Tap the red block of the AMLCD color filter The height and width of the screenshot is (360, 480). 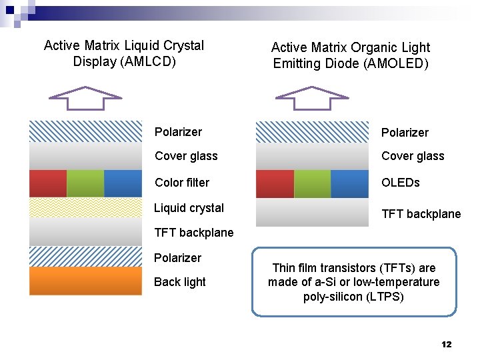tap(48, 183)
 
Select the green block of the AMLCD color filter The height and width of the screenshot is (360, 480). tap(85, 183)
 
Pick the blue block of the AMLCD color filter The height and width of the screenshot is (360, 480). tap(123, 183)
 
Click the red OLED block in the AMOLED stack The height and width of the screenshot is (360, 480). tap(275, 183)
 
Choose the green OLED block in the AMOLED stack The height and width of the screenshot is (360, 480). tap(312, 183)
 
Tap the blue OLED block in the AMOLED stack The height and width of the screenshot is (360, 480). tap(349, 183)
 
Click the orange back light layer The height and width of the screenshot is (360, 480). tap(85, 281)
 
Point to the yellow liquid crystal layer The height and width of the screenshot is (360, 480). tap(85, 207)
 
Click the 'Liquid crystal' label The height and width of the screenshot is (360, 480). tap(189, 208)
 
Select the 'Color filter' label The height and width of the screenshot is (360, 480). tap(181, 183)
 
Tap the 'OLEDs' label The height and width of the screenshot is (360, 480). tap(400, 183)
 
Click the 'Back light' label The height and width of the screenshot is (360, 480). tap(179, 282)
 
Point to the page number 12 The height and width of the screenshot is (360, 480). tap(446, 344)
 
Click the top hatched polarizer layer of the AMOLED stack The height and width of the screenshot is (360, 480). tap(312, 132)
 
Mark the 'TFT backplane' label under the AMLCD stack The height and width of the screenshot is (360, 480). tap(193, 233)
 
